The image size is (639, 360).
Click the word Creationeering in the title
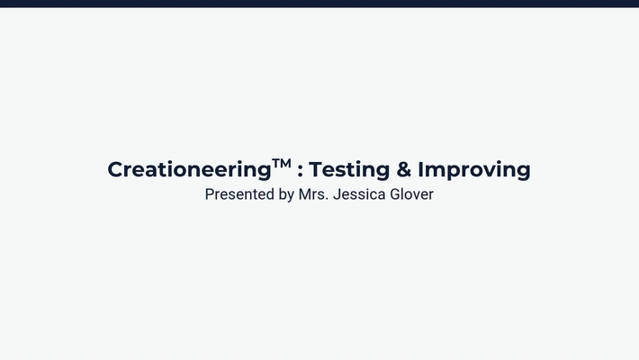tap(189, 169)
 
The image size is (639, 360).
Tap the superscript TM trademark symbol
tap(282, 164)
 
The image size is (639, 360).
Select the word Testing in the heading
tap(349, 169)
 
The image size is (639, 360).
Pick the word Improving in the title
tap(474, 169)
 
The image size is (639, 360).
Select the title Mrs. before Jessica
tap(313, 194)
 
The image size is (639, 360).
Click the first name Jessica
tap(359, 194)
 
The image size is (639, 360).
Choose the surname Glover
tap(411, 194)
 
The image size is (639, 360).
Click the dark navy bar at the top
tap(319, 4)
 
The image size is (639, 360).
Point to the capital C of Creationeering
tap(115, 169)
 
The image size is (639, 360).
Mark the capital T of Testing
tap(316, 169)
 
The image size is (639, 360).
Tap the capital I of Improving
tap(420, 169)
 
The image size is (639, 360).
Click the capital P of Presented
tap(210, 194)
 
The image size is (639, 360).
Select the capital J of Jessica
tap(337, 194)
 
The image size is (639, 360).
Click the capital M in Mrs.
tap(305, 194)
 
